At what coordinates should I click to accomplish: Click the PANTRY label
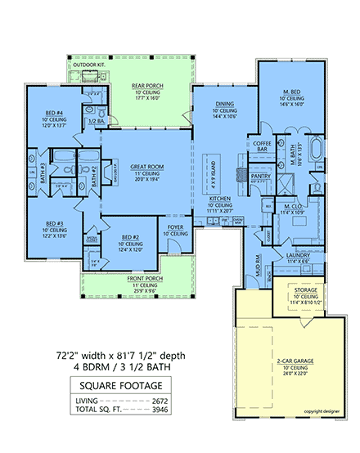261,175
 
